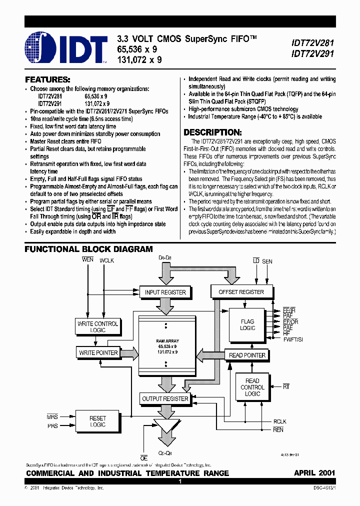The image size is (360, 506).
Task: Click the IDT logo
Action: (66, 48)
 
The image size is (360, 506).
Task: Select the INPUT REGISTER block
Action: (165, 292)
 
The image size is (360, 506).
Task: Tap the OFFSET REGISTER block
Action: (241, 291)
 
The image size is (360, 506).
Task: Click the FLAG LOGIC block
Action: (247, 324)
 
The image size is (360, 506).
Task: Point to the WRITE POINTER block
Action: (98, 353)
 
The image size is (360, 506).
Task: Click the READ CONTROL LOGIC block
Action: (252, 387)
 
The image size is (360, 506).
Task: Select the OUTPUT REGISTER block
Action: (165, 399)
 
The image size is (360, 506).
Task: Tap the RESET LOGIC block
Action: (97, 421)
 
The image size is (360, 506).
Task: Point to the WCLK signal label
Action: (107, 260)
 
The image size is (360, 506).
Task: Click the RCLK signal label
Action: (280, 421)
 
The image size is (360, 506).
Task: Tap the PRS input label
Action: (52, 426)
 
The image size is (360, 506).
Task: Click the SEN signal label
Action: (267, 261)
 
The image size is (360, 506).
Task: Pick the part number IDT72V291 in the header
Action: (313, 53)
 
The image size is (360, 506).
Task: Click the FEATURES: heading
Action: (47, 80)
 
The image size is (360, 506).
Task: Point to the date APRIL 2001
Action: (314, 473)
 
